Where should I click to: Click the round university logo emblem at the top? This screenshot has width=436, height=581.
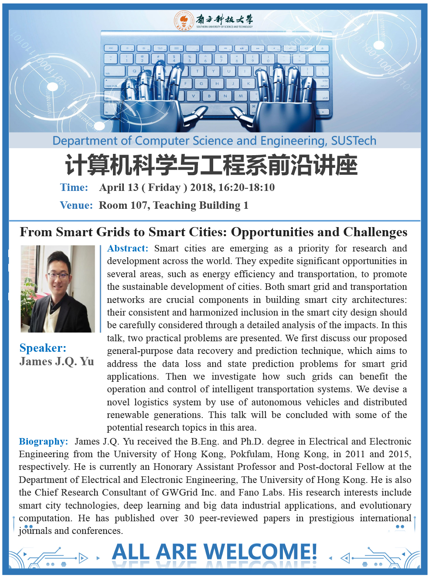[184, 20]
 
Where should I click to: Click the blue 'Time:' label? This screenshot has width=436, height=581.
[74, 187]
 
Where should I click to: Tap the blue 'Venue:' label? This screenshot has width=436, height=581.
[76, 205]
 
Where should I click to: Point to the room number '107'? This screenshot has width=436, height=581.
[136, 205]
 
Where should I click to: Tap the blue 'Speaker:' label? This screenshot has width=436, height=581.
[43, 348]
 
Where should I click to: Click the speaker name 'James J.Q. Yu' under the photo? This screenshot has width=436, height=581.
[57, 361]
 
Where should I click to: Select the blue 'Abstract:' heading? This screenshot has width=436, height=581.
[128, 248]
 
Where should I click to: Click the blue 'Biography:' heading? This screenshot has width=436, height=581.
[43, 442]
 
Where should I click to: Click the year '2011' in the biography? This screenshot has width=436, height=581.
[355, 454]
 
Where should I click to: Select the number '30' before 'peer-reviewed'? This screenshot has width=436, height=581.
[189, 518]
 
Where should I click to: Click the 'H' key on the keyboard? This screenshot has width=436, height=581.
[217, 83]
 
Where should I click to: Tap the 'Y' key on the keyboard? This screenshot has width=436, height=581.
[213, 71]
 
